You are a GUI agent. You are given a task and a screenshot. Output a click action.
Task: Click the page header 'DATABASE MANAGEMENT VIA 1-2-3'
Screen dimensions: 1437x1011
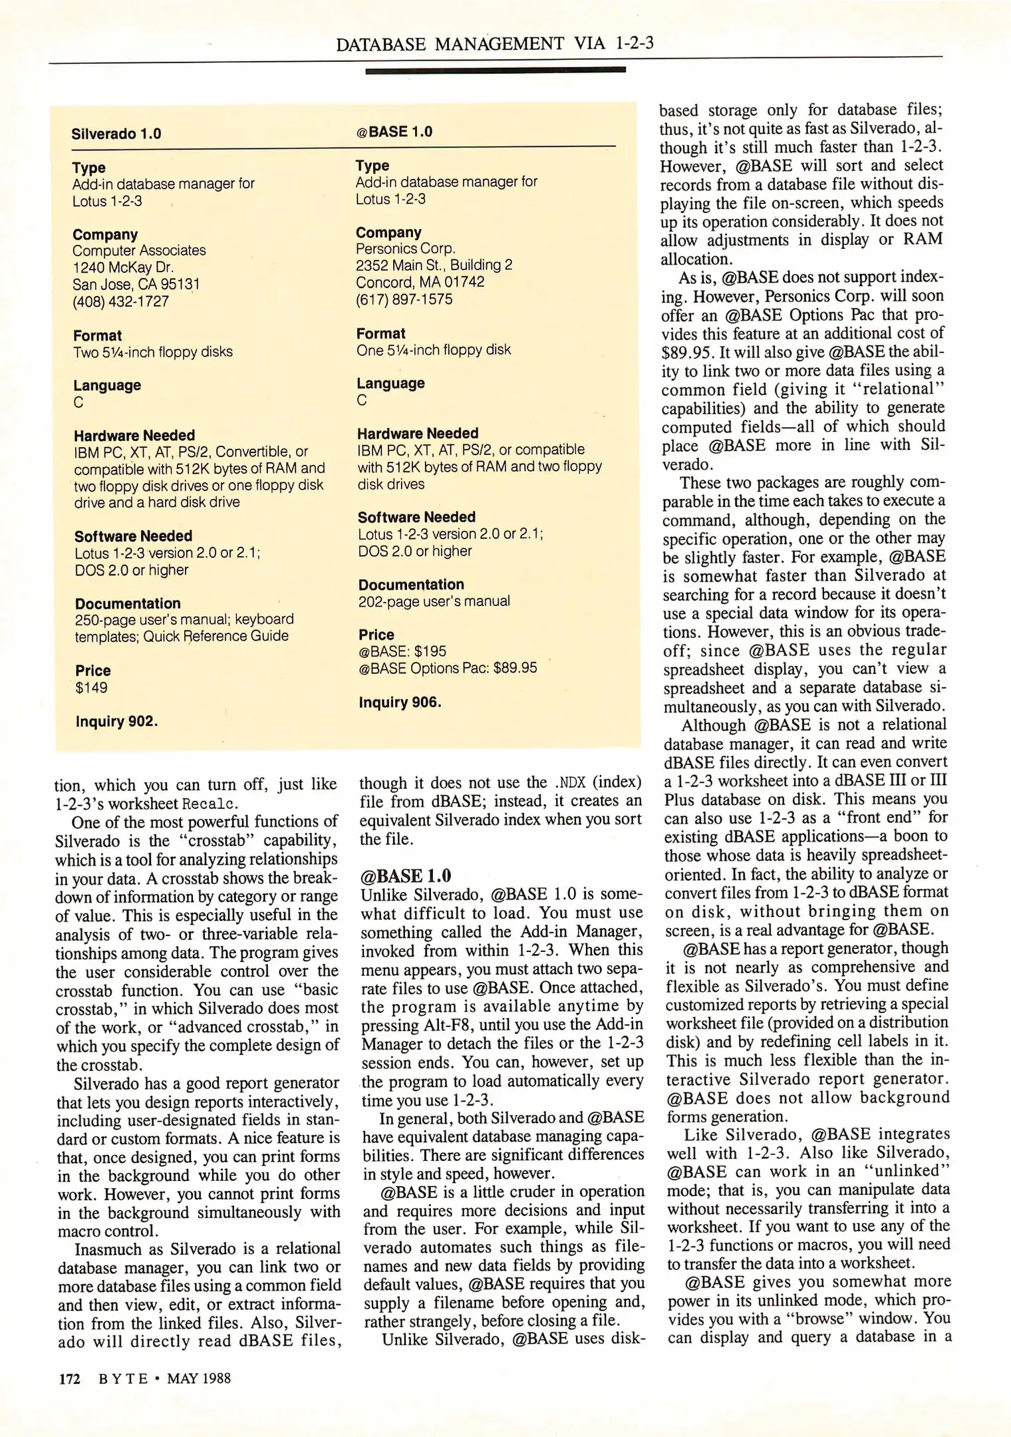point(494,44)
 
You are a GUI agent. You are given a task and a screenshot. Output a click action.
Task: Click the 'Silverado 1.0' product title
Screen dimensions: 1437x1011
point(116,134)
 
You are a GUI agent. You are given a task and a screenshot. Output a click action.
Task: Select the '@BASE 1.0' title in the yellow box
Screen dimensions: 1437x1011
point(394,132)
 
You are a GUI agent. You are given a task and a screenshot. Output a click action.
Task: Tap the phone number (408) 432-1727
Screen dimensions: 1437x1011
point(120,301)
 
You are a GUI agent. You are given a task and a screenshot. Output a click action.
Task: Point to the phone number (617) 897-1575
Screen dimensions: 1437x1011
point(404,299)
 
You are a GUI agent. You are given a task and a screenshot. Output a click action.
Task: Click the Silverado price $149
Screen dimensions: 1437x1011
point(91,688)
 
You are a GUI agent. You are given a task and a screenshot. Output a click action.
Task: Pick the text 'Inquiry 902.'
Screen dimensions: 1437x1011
point(116,722)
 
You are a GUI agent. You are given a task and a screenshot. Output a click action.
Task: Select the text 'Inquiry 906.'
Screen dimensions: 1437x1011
point(400,703)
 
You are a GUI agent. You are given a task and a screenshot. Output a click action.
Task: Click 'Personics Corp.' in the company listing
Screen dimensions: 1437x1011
point(405,248)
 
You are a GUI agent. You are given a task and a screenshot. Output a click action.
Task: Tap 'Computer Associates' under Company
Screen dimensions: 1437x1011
point(139,251)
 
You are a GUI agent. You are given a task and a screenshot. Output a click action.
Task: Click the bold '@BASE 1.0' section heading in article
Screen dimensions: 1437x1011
point(405,876)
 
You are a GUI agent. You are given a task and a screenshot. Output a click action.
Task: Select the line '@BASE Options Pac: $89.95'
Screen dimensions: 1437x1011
point(448,668)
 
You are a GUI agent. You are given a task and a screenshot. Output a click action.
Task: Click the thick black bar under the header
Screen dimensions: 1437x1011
point(495,70)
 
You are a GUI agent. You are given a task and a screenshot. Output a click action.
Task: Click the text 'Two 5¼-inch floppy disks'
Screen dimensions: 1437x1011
point(153,352)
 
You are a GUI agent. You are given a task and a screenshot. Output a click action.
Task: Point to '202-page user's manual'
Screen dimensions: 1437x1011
point(434,601)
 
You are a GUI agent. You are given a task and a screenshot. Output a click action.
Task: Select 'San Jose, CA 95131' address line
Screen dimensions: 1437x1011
point(136,285)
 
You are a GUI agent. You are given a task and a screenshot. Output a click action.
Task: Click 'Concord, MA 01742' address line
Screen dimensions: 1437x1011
point(420,282)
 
